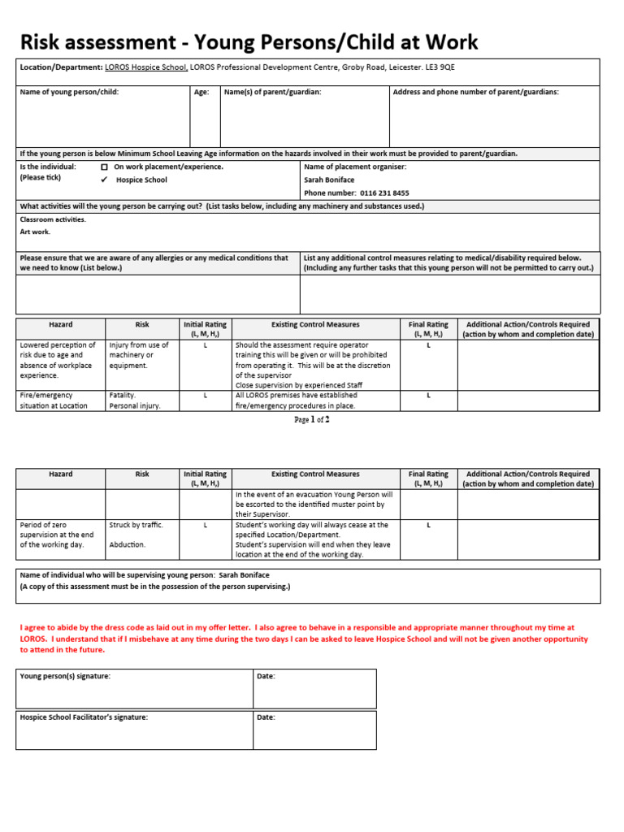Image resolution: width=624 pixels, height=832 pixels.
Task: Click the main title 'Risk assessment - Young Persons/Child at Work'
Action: pos(249,42)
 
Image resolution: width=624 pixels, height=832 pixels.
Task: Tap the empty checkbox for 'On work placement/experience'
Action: pos(104,167)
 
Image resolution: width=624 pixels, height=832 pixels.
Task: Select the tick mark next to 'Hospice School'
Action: pos(104,180)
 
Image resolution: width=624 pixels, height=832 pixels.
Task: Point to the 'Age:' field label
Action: pos(201,93)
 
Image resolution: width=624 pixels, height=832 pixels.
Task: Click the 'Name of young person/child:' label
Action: pos(69,93)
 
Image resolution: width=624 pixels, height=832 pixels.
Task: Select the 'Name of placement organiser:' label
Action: pos(355,167)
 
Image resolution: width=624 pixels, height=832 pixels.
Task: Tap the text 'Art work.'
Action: pos(35,232)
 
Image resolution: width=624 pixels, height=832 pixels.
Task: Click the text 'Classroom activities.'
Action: pos(52,219)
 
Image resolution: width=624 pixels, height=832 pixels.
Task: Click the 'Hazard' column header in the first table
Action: pos(61,325)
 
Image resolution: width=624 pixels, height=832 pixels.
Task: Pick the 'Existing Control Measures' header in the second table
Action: pos(315,474)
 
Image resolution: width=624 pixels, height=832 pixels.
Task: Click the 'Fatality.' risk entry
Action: pos(123,396)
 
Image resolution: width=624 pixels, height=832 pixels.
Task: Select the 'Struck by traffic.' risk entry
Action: pos(136,525)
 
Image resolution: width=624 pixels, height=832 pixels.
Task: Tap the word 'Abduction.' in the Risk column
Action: pos(128,545)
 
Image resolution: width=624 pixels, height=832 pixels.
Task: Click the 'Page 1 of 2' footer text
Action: pos(312,420)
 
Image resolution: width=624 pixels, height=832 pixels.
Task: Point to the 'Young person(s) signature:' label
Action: pos(65,676)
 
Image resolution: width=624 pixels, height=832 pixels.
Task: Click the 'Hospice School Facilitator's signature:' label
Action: pos(84,717)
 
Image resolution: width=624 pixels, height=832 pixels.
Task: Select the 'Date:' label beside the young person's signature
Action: pos(266,676)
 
